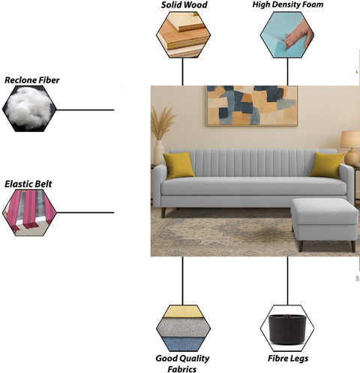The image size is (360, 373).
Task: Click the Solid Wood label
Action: click(x=184, y=5)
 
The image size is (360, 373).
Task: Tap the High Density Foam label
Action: click(x=288, y=5)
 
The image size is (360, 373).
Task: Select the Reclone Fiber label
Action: click(x=32, y=80)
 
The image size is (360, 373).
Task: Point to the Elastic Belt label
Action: click(x=28, y=184)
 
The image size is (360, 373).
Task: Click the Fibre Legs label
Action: click(x=288, y=359)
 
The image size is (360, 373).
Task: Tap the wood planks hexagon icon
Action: click(x=183, y=35)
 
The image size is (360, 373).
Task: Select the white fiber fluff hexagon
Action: click(x=29, y=109)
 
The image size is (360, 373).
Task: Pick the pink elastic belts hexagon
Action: click(x=29, y=212)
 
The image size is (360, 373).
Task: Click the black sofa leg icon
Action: click(x=287, y=328)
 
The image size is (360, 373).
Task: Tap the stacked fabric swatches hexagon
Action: click(x=183, y=328)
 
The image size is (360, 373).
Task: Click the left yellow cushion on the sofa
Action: click(x=178, y=165)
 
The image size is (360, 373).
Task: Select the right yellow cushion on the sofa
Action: click(x=327, y=165)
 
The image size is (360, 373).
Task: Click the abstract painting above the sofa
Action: click(x=252, y=106)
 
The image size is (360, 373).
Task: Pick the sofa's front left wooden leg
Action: click(x=163, y=212)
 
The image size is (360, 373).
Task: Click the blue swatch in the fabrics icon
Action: click(x=184, y=344)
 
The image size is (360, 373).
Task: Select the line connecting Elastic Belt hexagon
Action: click(x=85, y=212)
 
